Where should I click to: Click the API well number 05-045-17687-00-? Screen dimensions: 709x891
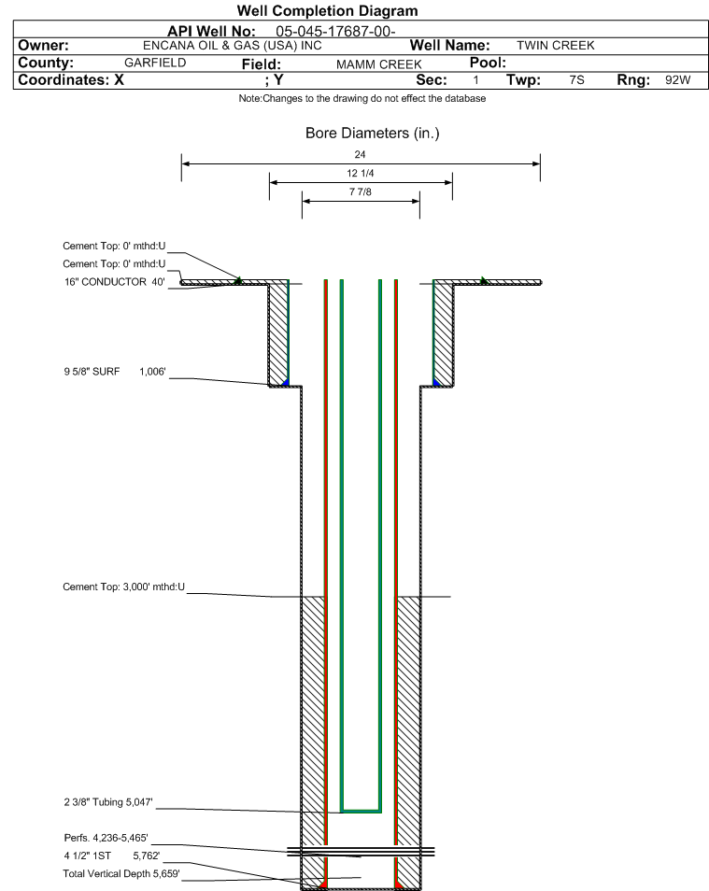pyautogui.click(x=335, y=31)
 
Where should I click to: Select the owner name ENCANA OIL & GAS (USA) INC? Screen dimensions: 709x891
pyautogui.click(x=232, y=46)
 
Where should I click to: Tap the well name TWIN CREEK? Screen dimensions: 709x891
pyautogui.click(x=556, y=46)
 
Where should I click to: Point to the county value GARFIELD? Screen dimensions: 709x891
pyautogui.click(x=155, y=63)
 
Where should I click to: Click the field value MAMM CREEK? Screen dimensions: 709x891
pyautogui.click(x=378, y=64)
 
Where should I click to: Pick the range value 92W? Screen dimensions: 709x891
pyautogui.click(x=678, y=79)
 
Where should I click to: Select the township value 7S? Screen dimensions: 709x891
pyautogui.click(x=576, y=79)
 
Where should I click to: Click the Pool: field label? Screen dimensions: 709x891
pyautogui.click(x=488, y=63)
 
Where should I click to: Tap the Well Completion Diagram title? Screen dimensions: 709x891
pyautogui.click(x=328, y=11)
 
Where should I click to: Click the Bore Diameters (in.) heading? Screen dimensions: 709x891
pyautogui.click(x=373, y=133)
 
